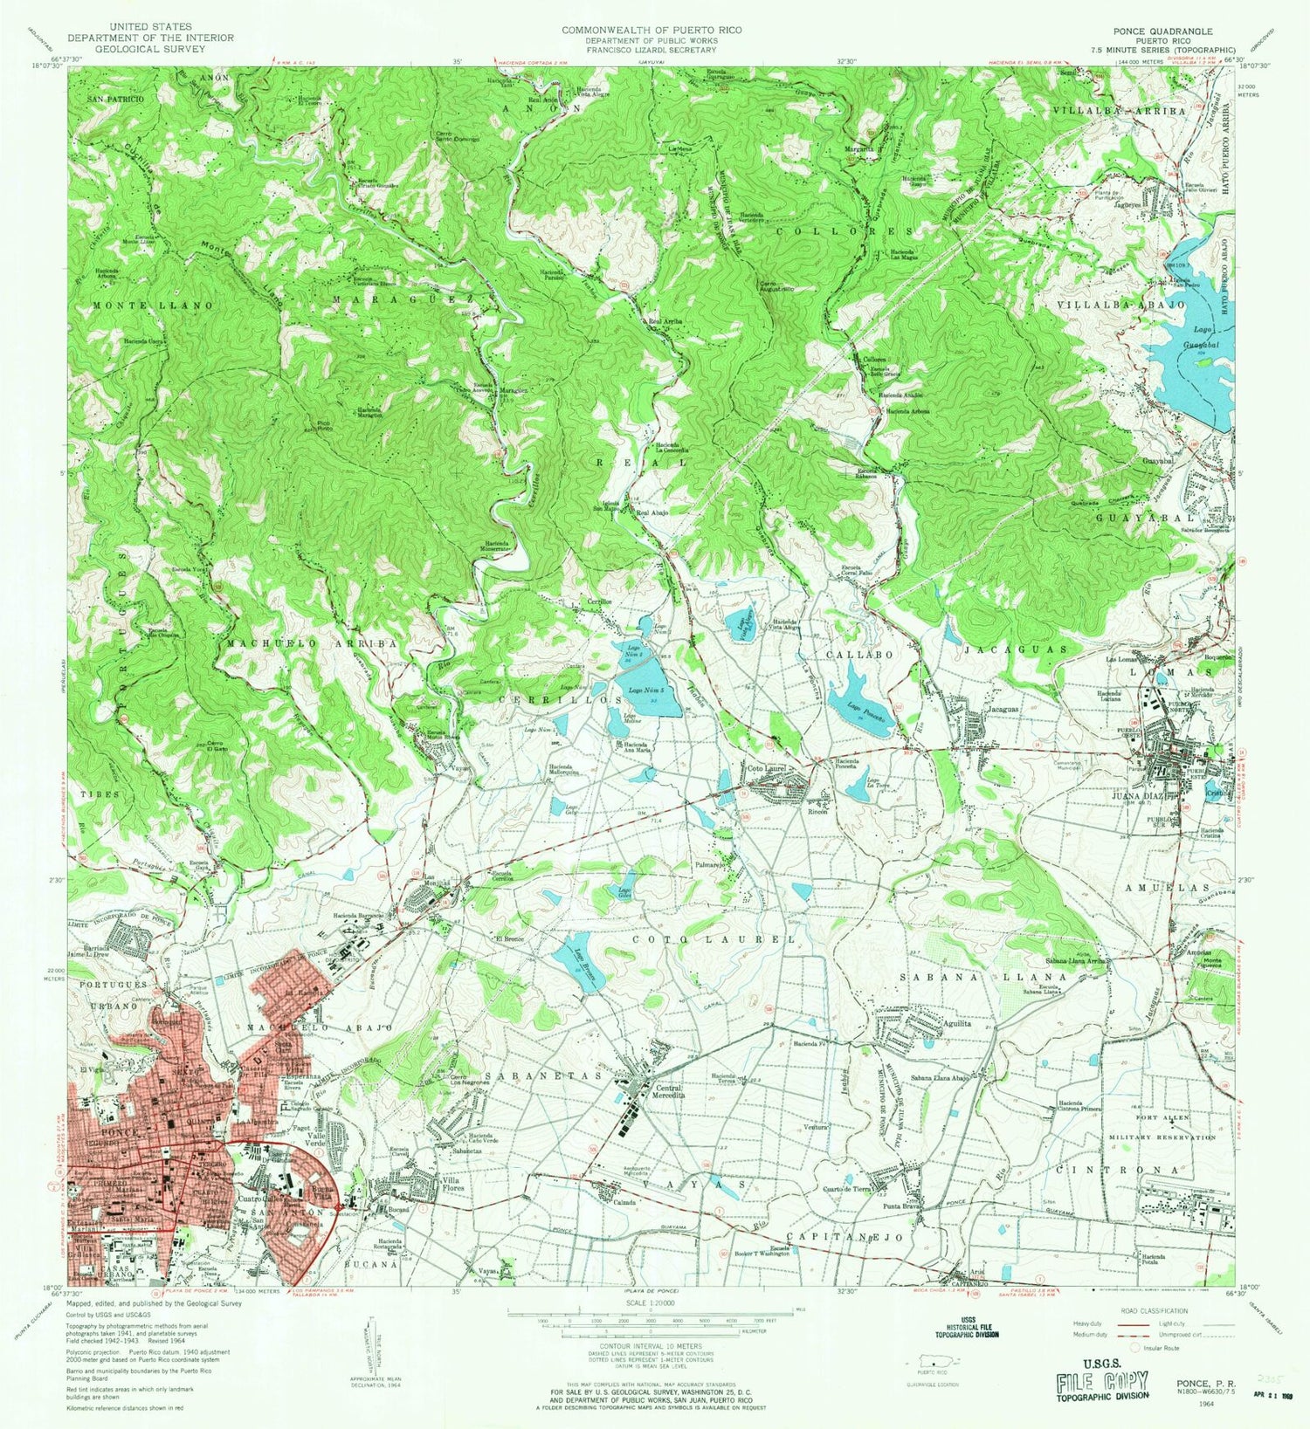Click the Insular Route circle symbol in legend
(1135, 1348)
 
